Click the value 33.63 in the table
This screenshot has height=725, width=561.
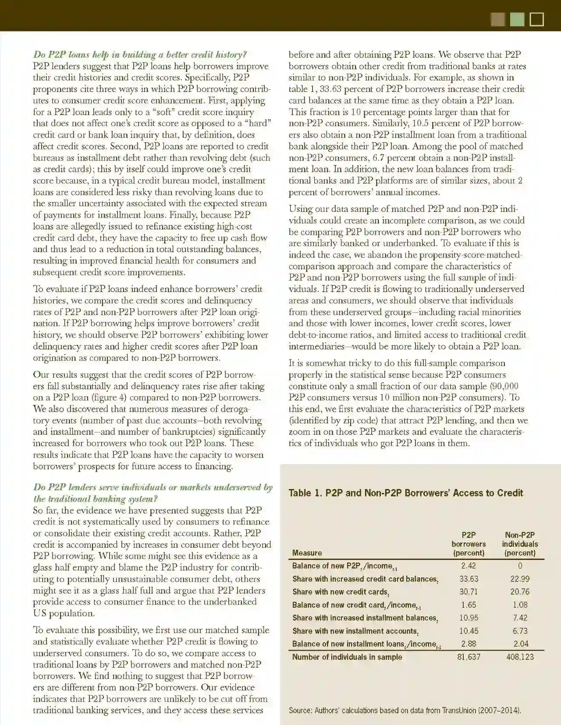click(x=469, y=579)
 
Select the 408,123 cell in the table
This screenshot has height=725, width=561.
click(x=520, y=657)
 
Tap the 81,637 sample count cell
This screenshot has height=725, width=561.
click(x=469, y=657)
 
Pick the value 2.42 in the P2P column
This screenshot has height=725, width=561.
click(x=469, y=566)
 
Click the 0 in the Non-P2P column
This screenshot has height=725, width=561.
click(x=520, y=566)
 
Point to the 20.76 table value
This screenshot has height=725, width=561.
click(x=520, y=592)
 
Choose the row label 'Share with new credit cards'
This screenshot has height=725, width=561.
click(x=341, y=592)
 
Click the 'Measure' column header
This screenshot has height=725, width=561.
click(x=307, y=553)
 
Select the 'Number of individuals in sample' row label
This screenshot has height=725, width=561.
click(x=347, y=657)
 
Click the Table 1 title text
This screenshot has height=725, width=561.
click(x=405, y=493)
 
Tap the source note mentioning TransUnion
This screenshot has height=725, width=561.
click(x=405, y=710)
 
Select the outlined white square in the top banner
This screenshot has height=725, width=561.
click(x=537, y=20)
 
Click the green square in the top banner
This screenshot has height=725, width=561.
click(x=517, y=20)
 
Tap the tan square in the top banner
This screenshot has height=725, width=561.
click(x=498, y=20)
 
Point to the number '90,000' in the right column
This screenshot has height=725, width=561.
click(x=504, y=386)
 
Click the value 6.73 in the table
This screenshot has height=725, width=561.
click(x=520, y=631)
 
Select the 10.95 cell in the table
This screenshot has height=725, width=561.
click(x=469, y=618)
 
